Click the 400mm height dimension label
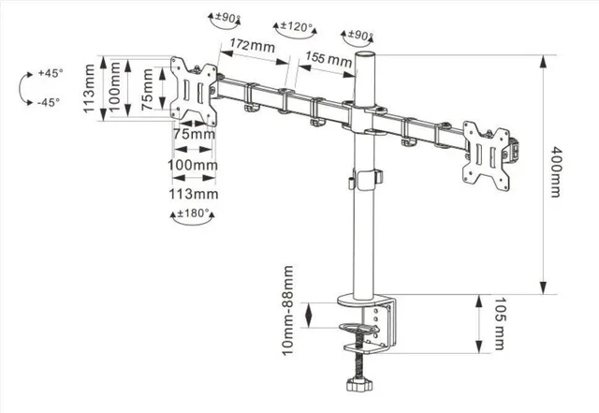point(555,171)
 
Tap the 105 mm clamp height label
point(499,323)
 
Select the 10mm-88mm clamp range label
point(287,311)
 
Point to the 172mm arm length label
point(252,46)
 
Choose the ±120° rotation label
point(297,26)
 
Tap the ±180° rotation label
point(193,213)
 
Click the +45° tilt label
point(51,73)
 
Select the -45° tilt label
point(49,102)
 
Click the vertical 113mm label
point(89,88)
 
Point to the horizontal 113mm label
point(194,194)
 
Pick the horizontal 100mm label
point(193,165)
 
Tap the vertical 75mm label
point(147,90)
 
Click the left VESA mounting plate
point(194,92)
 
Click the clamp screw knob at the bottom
point(359,384)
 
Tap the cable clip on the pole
point(365,180)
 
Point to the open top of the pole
point(365,54)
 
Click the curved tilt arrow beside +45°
point(22,88)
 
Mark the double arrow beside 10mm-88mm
point(309,315)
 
